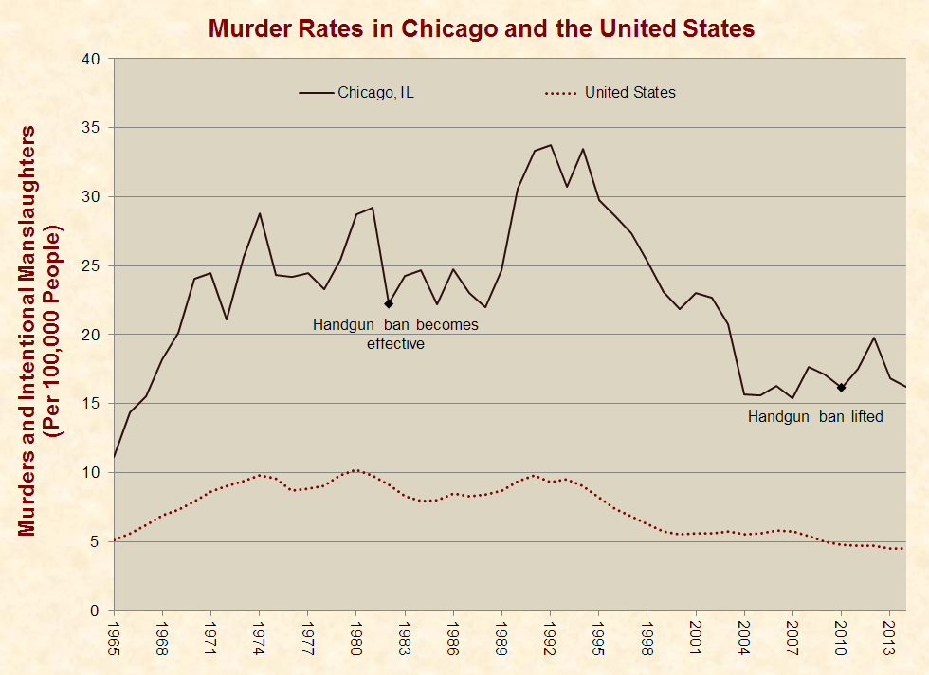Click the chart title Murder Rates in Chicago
(482, 28)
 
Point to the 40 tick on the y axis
(91, 59)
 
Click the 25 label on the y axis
(91, 266)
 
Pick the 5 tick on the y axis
(96, 542)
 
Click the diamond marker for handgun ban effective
(389, 304)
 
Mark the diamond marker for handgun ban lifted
(841, 387)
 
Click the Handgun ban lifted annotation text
(815, 416)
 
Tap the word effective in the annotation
(395, 344)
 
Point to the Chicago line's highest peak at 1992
(551, 145)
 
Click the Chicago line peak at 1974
(260, 213)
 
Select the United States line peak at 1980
(356, 470)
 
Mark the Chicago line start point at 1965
(115, 458)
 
